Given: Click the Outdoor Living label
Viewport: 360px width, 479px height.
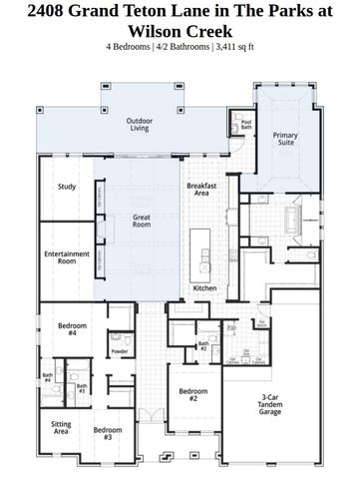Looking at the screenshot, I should point(140,125).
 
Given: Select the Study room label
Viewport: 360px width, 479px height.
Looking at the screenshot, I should point(67,187).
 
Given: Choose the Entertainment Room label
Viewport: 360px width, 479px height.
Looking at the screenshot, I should point(67,256).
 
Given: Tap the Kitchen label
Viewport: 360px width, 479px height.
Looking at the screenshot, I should point(204,288).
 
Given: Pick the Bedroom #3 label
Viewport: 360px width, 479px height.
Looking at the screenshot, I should point(108,433).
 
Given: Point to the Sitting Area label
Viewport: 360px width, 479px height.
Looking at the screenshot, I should point(61,428).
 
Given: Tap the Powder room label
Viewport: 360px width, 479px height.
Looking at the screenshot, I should point(120,351).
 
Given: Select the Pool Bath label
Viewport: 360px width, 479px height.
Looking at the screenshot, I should point(246,125).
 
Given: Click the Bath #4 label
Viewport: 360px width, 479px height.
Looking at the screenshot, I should point(47,378).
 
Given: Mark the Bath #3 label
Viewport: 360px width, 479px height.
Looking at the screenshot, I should point(82,388).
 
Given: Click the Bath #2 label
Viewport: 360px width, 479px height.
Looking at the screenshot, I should point(202,346).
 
